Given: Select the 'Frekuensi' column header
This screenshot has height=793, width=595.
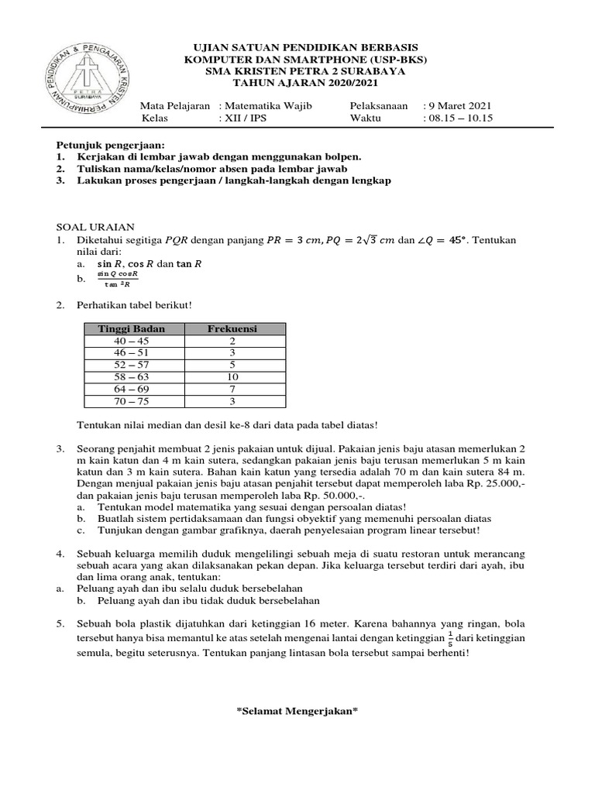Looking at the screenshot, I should point(232,329).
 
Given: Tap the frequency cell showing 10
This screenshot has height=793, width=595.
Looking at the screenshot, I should point(232,377).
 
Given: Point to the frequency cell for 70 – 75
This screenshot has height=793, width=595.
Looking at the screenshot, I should point(232,401).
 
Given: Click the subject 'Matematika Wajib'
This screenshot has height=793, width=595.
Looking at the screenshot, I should point(268,106).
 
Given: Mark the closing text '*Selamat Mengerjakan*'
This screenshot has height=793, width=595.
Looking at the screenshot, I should point(297,712).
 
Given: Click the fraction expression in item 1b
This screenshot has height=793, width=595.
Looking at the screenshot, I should point(119,280).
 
